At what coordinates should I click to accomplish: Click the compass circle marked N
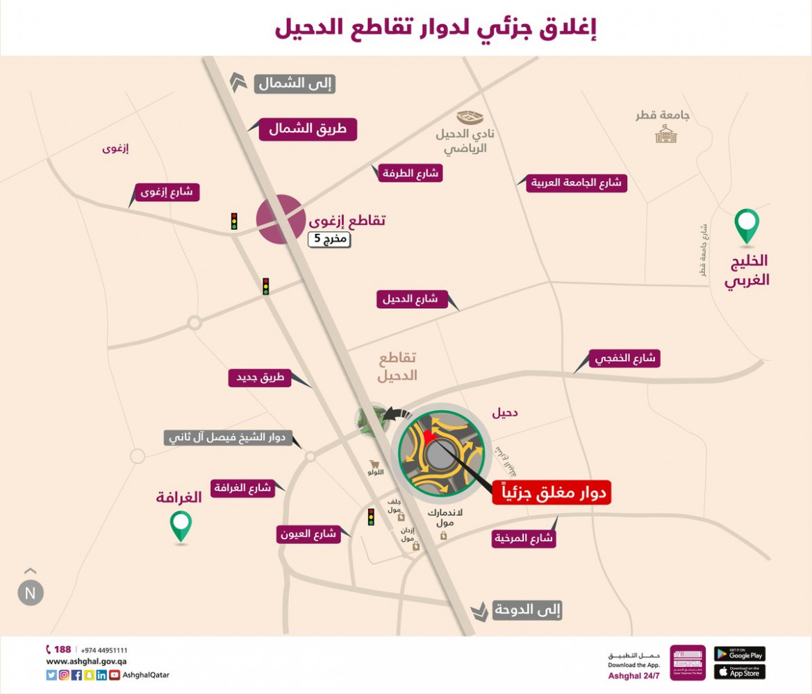click(31, 593)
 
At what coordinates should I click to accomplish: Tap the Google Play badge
click(739, 654)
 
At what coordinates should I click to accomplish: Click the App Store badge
click(739, 672)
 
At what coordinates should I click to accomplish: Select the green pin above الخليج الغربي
click(747, 226)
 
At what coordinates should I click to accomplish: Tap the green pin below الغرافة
click(181, 525)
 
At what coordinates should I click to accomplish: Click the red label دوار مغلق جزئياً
click(552, 492)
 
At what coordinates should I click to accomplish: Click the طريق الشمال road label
click(308, 129)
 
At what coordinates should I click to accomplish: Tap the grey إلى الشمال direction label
click(295, 84)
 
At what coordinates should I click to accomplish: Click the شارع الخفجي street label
click(624, 359)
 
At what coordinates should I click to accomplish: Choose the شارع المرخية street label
click(524, 539)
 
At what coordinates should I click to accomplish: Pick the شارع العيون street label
click(308, 534)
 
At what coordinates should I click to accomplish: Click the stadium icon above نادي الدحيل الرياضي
click(470, 117)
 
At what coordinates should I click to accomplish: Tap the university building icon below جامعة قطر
click(665, 134)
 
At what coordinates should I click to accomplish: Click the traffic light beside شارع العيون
click(371, 517)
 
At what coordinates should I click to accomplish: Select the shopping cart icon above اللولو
click(376, 463)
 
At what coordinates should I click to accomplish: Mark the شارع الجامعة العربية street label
click(577, 183)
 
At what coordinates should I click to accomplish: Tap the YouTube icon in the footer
click(114, 675)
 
